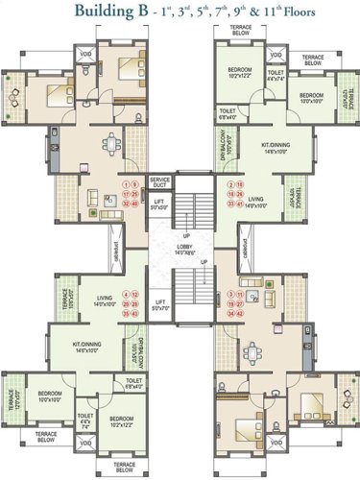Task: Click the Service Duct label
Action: click(159, 180)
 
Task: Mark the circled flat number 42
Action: click(135, 313)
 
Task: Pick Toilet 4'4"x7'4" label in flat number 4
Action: click(84, 420)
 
